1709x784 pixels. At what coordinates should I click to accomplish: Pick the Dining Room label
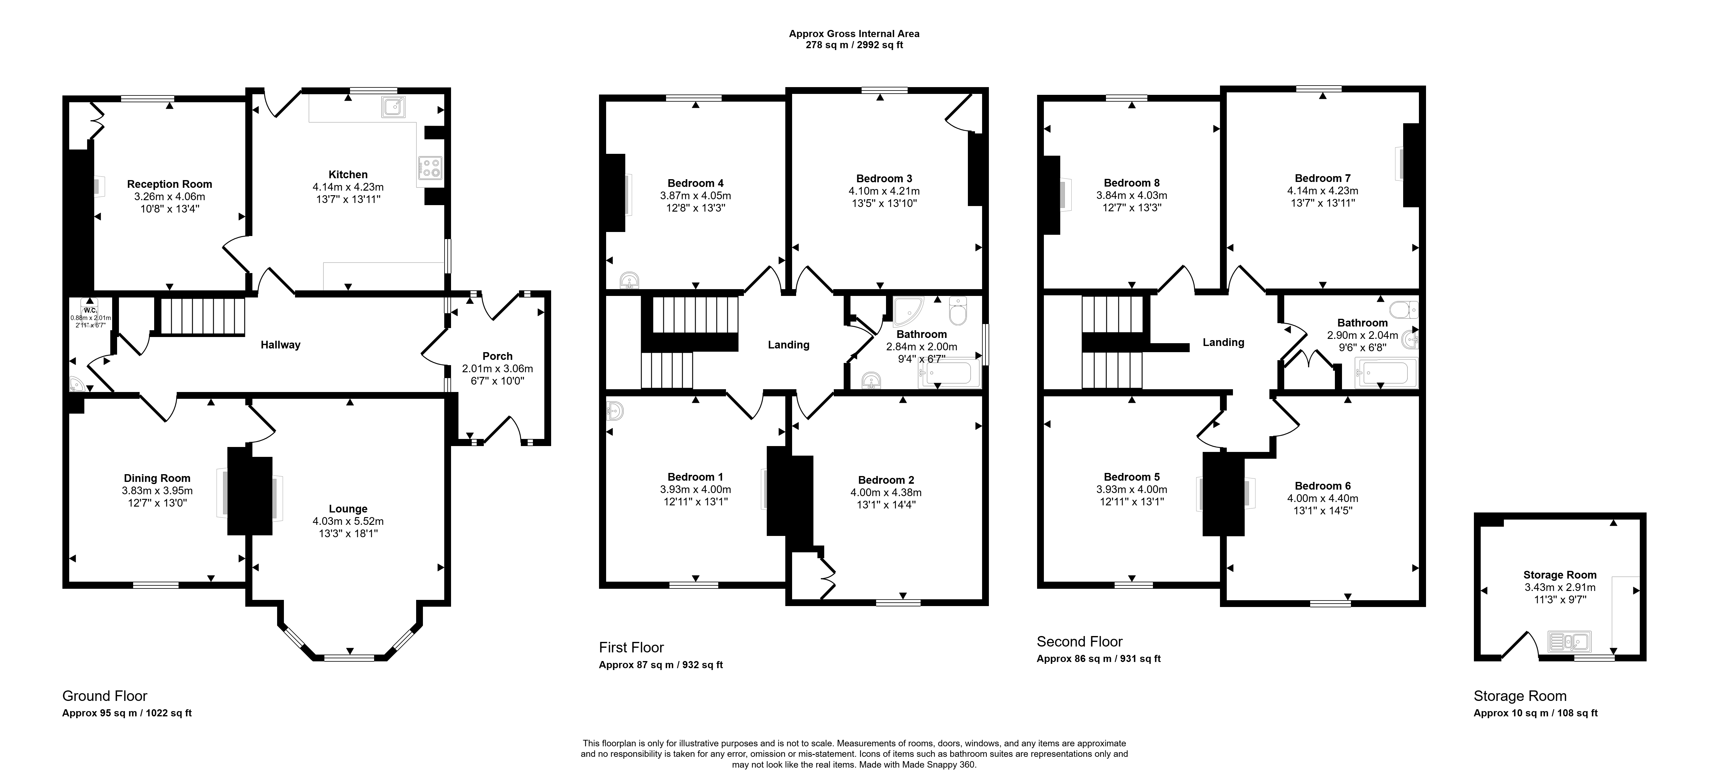point(157,478)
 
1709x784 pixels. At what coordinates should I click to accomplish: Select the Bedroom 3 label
point(884,179)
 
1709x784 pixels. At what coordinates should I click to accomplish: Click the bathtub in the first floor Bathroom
point(949,375)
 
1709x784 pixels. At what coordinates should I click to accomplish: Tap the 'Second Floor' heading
point(1079,641)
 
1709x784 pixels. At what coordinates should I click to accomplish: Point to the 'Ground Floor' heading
point(105,696)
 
